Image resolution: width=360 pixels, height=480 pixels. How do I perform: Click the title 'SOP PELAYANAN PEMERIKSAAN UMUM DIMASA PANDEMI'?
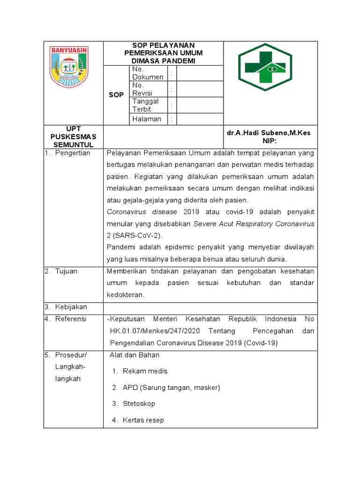click(164, 53)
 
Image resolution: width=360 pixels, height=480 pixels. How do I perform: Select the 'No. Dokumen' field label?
click(148, 73)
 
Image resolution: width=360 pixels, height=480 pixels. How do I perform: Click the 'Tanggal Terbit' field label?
click(145, 105)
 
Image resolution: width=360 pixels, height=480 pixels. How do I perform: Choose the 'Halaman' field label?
click(147, 119)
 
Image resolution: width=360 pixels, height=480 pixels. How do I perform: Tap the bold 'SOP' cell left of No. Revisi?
click(116, 95)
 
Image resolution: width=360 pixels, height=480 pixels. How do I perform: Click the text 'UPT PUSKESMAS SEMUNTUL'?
click(73, 136)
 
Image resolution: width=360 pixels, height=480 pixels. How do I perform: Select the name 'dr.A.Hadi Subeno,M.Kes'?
click(269, 133)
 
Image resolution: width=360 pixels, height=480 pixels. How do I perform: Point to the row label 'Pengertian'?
click(72, 153)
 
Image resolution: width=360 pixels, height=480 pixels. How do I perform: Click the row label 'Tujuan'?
click(66, 271)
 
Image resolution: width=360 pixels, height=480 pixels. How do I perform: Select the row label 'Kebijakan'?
click(71, 307)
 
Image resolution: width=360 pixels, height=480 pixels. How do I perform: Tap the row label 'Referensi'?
click(71, 319)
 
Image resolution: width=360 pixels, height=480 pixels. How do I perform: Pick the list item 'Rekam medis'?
click(145, 371)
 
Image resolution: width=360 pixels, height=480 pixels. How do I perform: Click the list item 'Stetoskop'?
click(139, 404)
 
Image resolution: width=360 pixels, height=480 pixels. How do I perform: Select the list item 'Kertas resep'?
click(143, 420)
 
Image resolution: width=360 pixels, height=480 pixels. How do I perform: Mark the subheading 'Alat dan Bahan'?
click(135, 355)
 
